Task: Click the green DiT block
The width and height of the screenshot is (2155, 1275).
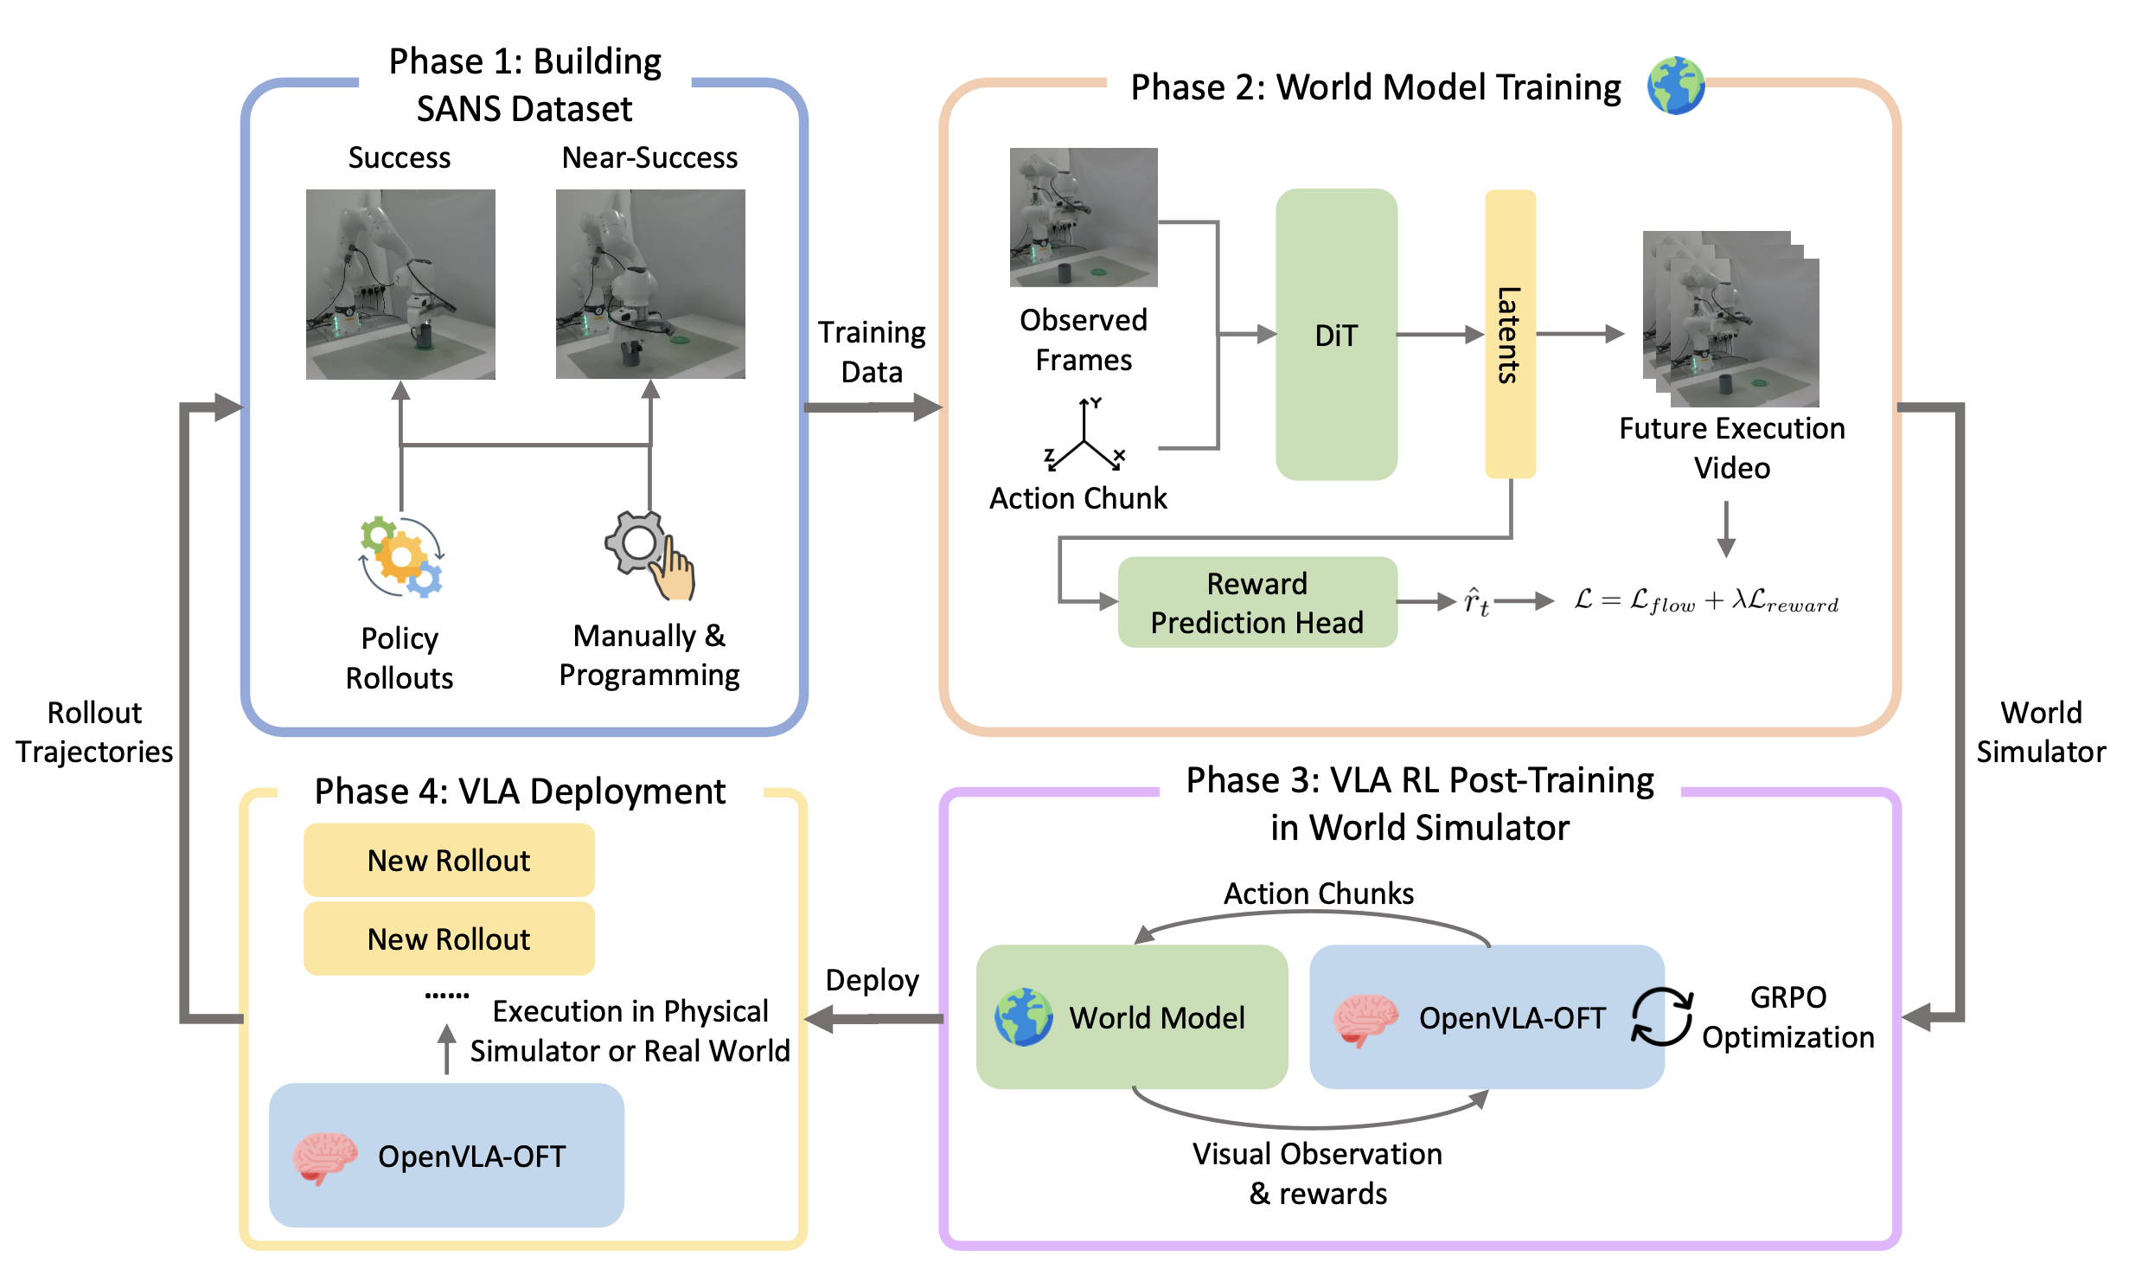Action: click(1336, 335)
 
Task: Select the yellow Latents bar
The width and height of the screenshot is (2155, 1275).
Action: click(1510, 335)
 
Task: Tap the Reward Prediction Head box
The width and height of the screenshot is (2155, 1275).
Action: click(1257, 603)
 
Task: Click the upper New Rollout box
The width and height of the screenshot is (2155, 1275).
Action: click(449, 861)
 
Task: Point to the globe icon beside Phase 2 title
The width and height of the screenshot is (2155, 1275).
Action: click(1675, 86)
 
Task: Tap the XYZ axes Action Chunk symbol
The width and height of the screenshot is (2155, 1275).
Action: click(1084, 437)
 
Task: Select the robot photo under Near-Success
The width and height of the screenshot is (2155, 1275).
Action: click(650, 284)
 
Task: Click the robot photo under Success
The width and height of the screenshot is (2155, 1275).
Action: click(400, 284)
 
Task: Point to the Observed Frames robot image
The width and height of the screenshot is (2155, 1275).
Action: click(1084, 217)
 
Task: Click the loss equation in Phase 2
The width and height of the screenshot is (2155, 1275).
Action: click(1706, 601)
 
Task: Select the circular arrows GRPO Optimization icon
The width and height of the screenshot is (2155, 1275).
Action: click(1661, 1017)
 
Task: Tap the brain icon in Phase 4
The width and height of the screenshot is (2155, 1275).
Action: click(324, 1156)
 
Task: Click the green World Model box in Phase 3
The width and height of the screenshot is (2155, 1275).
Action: click(1131, 1017)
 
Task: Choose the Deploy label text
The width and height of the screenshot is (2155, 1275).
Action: click(872, 980)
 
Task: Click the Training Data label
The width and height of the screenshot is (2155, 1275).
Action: click(872, 352)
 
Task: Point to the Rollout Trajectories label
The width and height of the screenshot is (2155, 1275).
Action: click(94, 732)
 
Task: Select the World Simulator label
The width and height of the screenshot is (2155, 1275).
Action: click(2041, 732)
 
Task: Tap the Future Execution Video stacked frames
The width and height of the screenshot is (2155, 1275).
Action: click(1730, 320)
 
